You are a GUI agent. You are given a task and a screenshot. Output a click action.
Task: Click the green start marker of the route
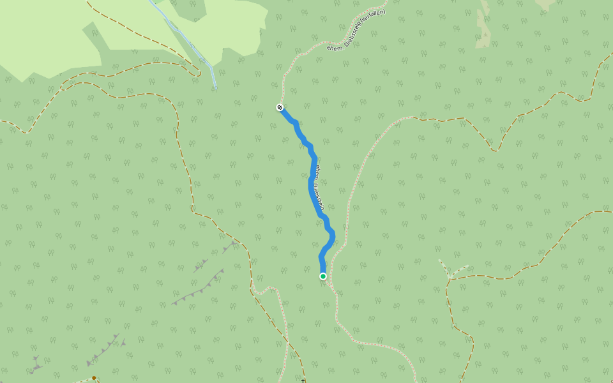pos(323,276)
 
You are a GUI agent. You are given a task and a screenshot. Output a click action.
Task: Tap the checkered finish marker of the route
pos(280,107)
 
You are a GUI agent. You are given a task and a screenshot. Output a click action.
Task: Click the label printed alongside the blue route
pos(320,188)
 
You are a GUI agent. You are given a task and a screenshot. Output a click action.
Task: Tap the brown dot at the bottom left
pos(94,378)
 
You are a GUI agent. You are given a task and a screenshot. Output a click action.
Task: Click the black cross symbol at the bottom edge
pos(303,380)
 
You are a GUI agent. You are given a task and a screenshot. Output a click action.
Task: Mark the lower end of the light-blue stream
pos(215,87)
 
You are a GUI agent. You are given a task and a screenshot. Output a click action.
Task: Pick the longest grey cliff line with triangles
pos(199,288)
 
